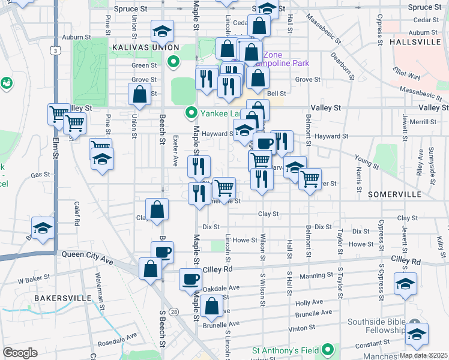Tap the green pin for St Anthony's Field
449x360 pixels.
[x=328, y=349]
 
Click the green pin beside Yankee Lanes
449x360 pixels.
[x=191, y=112]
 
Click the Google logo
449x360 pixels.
[x=20, y=353]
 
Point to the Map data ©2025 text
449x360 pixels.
[x=424, y=355]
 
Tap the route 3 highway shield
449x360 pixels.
[x=55, y=52]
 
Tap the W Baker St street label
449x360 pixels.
[x=33, y=280]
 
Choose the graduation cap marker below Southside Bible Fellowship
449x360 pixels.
[x=416, y=335]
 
